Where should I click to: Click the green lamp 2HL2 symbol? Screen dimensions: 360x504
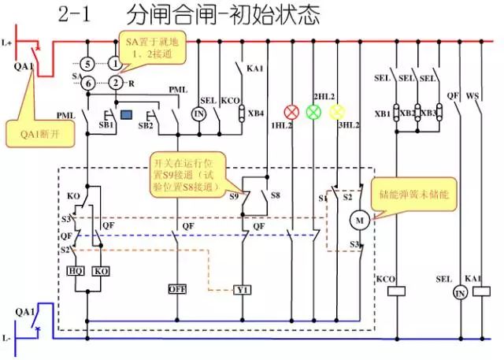click(x=313, y=112)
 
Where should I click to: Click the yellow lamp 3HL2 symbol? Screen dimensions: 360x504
click(x=338, y=112)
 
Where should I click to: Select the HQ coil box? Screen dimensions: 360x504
click(x=77, y=270)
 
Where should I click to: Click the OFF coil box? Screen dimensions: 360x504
click(x=176, y=289)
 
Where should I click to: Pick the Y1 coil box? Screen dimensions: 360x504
click(x=242, y=289)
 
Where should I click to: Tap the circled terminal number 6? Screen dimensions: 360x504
click(x=88, y=83)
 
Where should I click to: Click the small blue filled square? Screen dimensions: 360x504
click(x=125, y=115)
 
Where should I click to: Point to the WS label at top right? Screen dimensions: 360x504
click(x=472, y=97)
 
